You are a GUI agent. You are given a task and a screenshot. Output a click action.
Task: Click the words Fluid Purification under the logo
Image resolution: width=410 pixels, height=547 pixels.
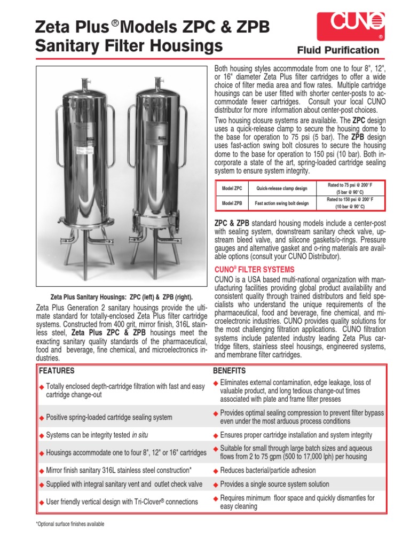click(x=338, y=50)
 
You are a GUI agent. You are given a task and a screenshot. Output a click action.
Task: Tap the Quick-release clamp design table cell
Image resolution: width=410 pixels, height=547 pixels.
click(x=282, y=189)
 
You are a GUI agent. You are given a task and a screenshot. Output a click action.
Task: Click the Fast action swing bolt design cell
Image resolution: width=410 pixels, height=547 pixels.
click(x=282, y=203)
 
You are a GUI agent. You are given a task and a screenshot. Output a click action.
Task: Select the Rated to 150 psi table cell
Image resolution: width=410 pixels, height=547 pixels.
click(x=350, y=203)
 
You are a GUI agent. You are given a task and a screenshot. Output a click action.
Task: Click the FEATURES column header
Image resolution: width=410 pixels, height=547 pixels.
click(x=56, y=371)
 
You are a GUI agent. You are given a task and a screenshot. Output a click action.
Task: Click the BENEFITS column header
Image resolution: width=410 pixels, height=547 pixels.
click(x=230, y=371)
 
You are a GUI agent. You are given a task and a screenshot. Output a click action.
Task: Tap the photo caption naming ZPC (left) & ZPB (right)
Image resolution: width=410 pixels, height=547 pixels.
click(x=121, y=297)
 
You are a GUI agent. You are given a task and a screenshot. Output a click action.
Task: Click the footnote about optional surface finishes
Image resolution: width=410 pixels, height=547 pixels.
click(x=70, y=524)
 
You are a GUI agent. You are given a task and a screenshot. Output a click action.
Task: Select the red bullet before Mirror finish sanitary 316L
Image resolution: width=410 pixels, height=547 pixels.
click(x=42, y=471)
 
